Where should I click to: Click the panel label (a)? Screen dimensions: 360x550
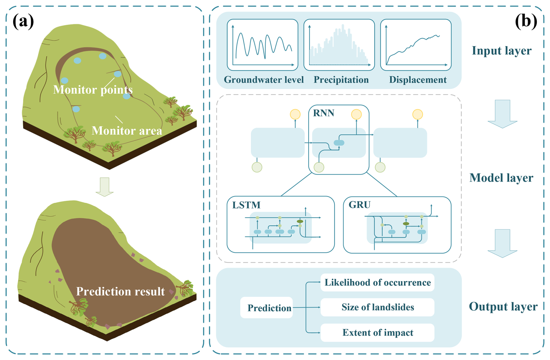tap(23, 21)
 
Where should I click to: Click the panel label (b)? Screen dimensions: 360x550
tap(526, 21)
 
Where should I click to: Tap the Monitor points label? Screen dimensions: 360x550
tap(93, 89)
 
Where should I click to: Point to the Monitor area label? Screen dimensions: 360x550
tap(127, 130)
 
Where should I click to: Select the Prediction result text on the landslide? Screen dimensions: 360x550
tap(120, 291)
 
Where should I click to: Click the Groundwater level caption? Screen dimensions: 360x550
tap(264, 80)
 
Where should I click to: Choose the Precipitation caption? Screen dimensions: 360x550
tap(341, 80)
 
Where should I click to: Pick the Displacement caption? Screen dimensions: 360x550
tap(418, 80)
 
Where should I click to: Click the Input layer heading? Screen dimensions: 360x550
tap(501, 51)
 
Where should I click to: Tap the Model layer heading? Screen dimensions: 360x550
tap(501, 178)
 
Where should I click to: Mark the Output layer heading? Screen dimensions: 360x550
tap(503, 306)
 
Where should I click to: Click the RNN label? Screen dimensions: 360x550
tap(324, 113)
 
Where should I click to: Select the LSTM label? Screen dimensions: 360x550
tap(246, 205)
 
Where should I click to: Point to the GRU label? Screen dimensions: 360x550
tap(360, 205)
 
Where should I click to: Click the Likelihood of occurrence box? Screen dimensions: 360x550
tap(377, 282)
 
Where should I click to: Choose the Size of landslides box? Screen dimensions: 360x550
tap(377, 307)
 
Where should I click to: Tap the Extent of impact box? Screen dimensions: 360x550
tap(377, 332)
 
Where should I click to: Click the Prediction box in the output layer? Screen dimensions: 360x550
tap(267, 308)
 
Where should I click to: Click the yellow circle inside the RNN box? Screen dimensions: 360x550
tap(356, 114)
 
